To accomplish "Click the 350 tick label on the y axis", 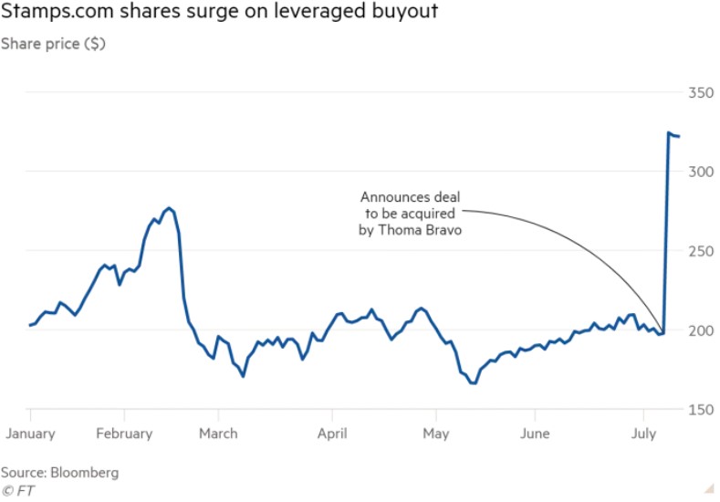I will pos(700,92).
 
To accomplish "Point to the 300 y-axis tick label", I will pos(700,172).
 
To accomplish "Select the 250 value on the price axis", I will pos(700,251).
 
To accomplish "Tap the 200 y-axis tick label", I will pos(700,330).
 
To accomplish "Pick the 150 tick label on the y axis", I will pos(700,410).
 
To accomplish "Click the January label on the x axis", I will pos(30,434).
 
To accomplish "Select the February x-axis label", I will pos(123,434).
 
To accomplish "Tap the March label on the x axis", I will pos(219,434).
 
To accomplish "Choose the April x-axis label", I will pos(331,434).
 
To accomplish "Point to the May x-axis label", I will pos(436,434).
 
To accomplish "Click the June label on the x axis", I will pos(535,434).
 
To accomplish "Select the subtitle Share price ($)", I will pos(53,43).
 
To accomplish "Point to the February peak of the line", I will pos(168,208).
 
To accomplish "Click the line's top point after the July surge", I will pos(669,133).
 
